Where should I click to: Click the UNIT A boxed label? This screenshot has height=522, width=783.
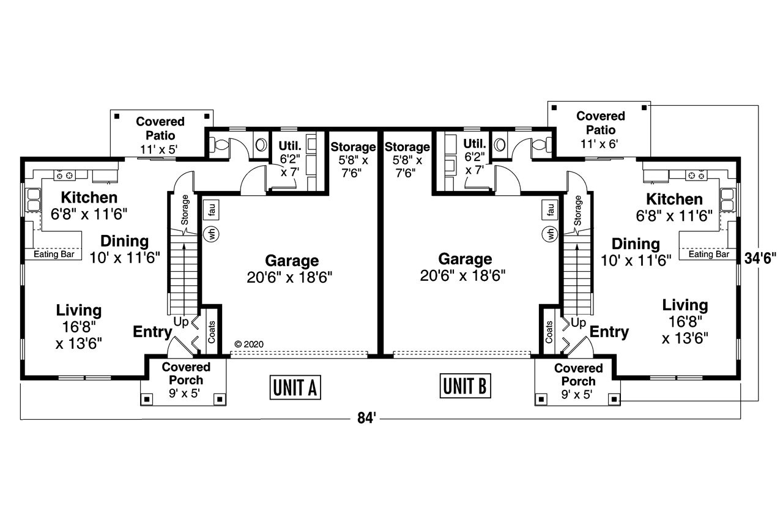(x=295, y=387)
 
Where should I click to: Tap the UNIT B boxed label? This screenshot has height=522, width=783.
(x=466, y=386)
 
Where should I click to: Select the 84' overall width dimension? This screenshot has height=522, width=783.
(x=366, y=419)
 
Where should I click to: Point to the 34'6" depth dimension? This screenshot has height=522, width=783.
(x=760, y=258)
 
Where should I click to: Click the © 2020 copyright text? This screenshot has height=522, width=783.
(x=248, y=344)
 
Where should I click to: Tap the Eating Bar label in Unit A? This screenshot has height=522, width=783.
(x=53, y=253)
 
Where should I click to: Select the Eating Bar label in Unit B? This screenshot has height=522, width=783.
(x=709, y=254)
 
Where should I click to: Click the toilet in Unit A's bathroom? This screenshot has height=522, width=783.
(x=220, y=145)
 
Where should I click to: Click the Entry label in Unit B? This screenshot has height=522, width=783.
(x=609, y=332)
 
